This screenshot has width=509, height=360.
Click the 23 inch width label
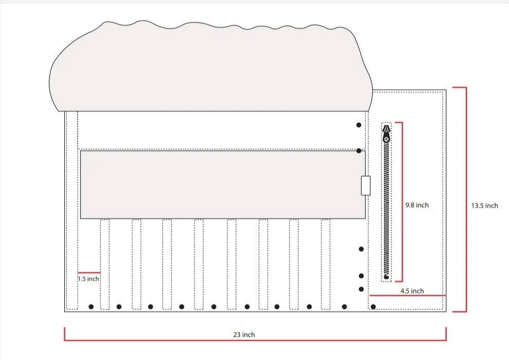[244, 335]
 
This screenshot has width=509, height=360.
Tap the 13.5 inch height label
[484, 206]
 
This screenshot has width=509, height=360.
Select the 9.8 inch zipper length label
[416, 205]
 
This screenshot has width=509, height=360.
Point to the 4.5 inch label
[412, 291]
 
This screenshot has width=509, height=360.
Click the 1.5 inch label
[88, 279]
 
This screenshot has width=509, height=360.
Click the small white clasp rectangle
[366, 185]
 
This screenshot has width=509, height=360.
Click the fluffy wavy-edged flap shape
[211, 67]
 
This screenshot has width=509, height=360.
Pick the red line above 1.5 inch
[88, 272]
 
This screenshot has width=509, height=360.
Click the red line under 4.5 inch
[407, 296]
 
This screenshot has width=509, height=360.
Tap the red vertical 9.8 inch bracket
[402, 202]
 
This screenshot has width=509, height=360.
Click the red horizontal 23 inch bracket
[255, 340]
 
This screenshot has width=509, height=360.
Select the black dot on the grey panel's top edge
[358, 151]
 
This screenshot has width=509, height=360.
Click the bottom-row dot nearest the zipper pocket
[373, 307]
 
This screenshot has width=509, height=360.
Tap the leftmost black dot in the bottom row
[91, 307]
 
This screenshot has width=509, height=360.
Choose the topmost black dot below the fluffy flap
[358, 125]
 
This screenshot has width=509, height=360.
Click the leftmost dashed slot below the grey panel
[104, 264]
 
